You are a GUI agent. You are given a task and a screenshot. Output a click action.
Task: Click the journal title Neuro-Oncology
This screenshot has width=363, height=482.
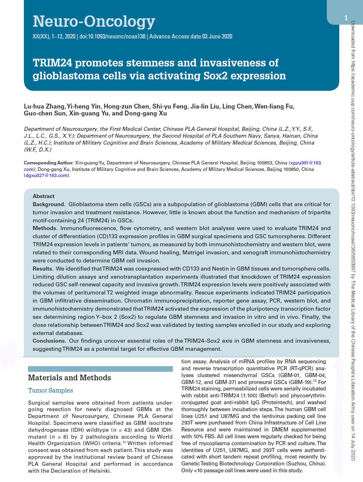coord(93,21)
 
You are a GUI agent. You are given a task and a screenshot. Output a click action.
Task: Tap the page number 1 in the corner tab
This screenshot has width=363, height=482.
coord(346,18)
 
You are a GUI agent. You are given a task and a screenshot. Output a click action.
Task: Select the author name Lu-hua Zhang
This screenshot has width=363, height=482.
coord(45,107)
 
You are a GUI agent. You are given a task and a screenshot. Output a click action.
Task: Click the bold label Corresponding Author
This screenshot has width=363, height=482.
coord(49,162)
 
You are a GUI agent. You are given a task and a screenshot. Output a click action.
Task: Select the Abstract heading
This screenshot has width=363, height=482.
coord(43,196)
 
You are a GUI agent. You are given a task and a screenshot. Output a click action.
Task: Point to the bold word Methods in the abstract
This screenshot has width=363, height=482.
coord(45,228)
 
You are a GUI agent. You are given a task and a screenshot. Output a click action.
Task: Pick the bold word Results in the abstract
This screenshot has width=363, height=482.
coord(42,269)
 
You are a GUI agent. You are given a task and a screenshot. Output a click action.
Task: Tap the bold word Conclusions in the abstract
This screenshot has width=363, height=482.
coord(49,341)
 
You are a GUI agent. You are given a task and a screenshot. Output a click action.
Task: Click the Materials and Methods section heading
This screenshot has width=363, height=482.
coord(69,378)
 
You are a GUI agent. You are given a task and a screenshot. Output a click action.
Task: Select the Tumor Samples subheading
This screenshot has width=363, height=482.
coord(51,390)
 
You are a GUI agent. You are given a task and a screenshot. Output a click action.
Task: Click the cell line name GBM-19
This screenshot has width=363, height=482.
coord(301,382)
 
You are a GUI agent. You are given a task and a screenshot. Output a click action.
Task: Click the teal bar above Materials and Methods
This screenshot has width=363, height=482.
coord(100,369)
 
